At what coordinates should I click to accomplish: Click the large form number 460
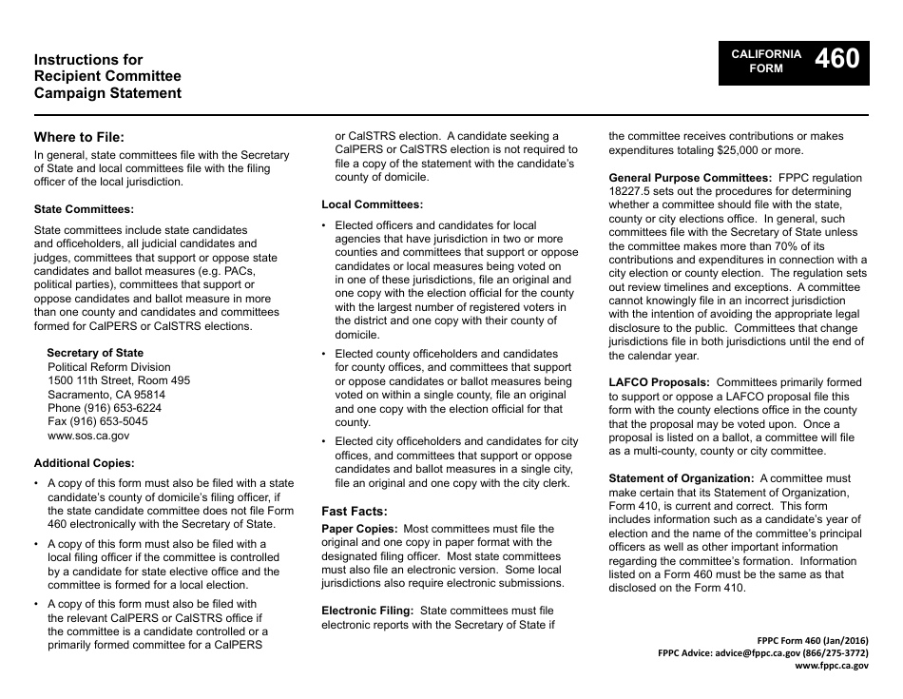837,60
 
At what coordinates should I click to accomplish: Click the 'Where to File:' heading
79,136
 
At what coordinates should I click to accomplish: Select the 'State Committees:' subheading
84,208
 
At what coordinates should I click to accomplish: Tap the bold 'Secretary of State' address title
95,353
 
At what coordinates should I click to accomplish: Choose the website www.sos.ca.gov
88,435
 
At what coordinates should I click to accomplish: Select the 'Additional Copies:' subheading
84,463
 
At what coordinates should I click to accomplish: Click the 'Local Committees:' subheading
372,204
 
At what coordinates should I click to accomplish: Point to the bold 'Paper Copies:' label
358,529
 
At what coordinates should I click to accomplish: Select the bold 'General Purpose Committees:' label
689,177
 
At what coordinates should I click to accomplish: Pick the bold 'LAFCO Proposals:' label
659,382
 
